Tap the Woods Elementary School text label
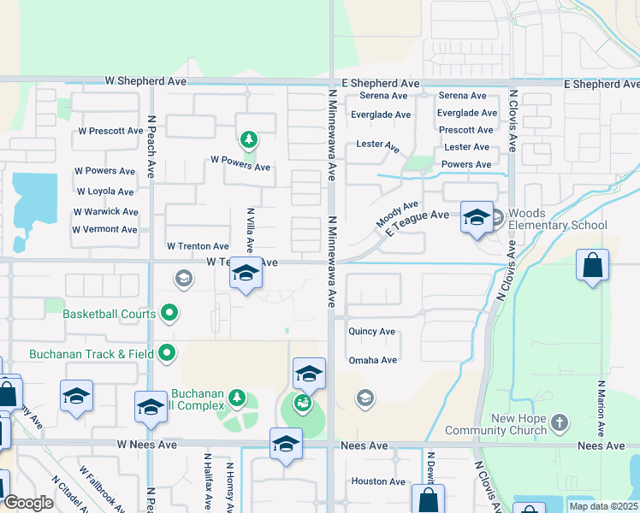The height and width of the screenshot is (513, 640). click(557, 220)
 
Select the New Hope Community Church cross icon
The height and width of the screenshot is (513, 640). click(559, 422)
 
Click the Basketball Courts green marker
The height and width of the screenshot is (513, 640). click(169, 314)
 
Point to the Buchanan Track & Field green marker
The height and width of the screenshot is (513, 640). click(167, 352)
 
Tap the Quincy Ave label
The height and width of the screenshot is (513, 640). click(371, 331)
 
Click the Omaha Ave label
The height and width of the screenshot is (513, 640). click(372, 360)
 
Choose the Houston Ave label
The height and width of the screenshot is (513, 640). click(378, 481)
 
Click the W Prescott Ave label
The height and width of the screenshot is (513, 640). click(110, 131)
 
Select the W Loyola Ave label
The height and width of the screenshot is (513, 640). click(105, 192)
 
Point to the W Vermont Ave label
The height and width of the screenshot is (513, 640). click(104, 229)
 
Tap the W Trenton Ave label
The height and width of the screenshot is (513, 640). click(198, 245)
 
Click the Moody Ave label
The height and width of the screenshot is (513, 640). click(397, 214)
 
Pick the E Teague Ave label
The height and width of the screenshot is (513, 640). click(417, 223)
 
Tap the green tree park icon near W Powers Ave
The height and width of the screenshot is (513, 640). click(248, 139)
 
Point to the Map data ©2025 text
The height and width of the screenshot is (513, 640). click(602, 506)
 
